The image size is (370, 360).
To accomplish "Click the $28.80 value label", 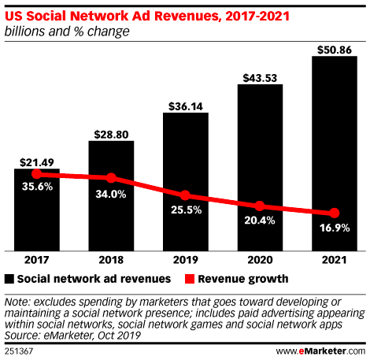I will pyautogui.click(x=111, y=132).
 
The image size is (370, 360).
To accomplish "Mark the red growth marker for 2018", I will pyautogui.click(x=111, y=178).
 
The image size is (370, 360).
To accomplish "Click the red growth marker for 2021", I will pyautogui.click(x=335, y=213).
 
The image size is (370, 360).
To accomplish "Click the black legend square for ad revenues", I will pyautogui.click(x=10, y=278).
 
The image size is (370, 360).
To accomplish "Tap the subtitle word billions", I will pyautogui.click(x=24, y=31).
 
